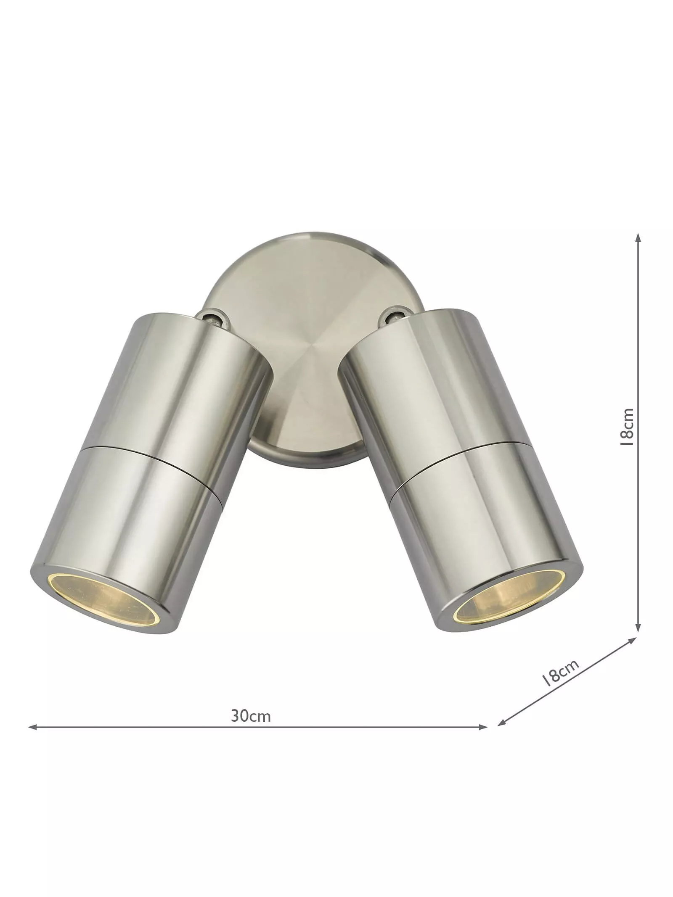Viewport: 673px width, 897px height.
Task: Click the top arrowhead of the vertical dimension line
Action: tap(639, 238)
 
